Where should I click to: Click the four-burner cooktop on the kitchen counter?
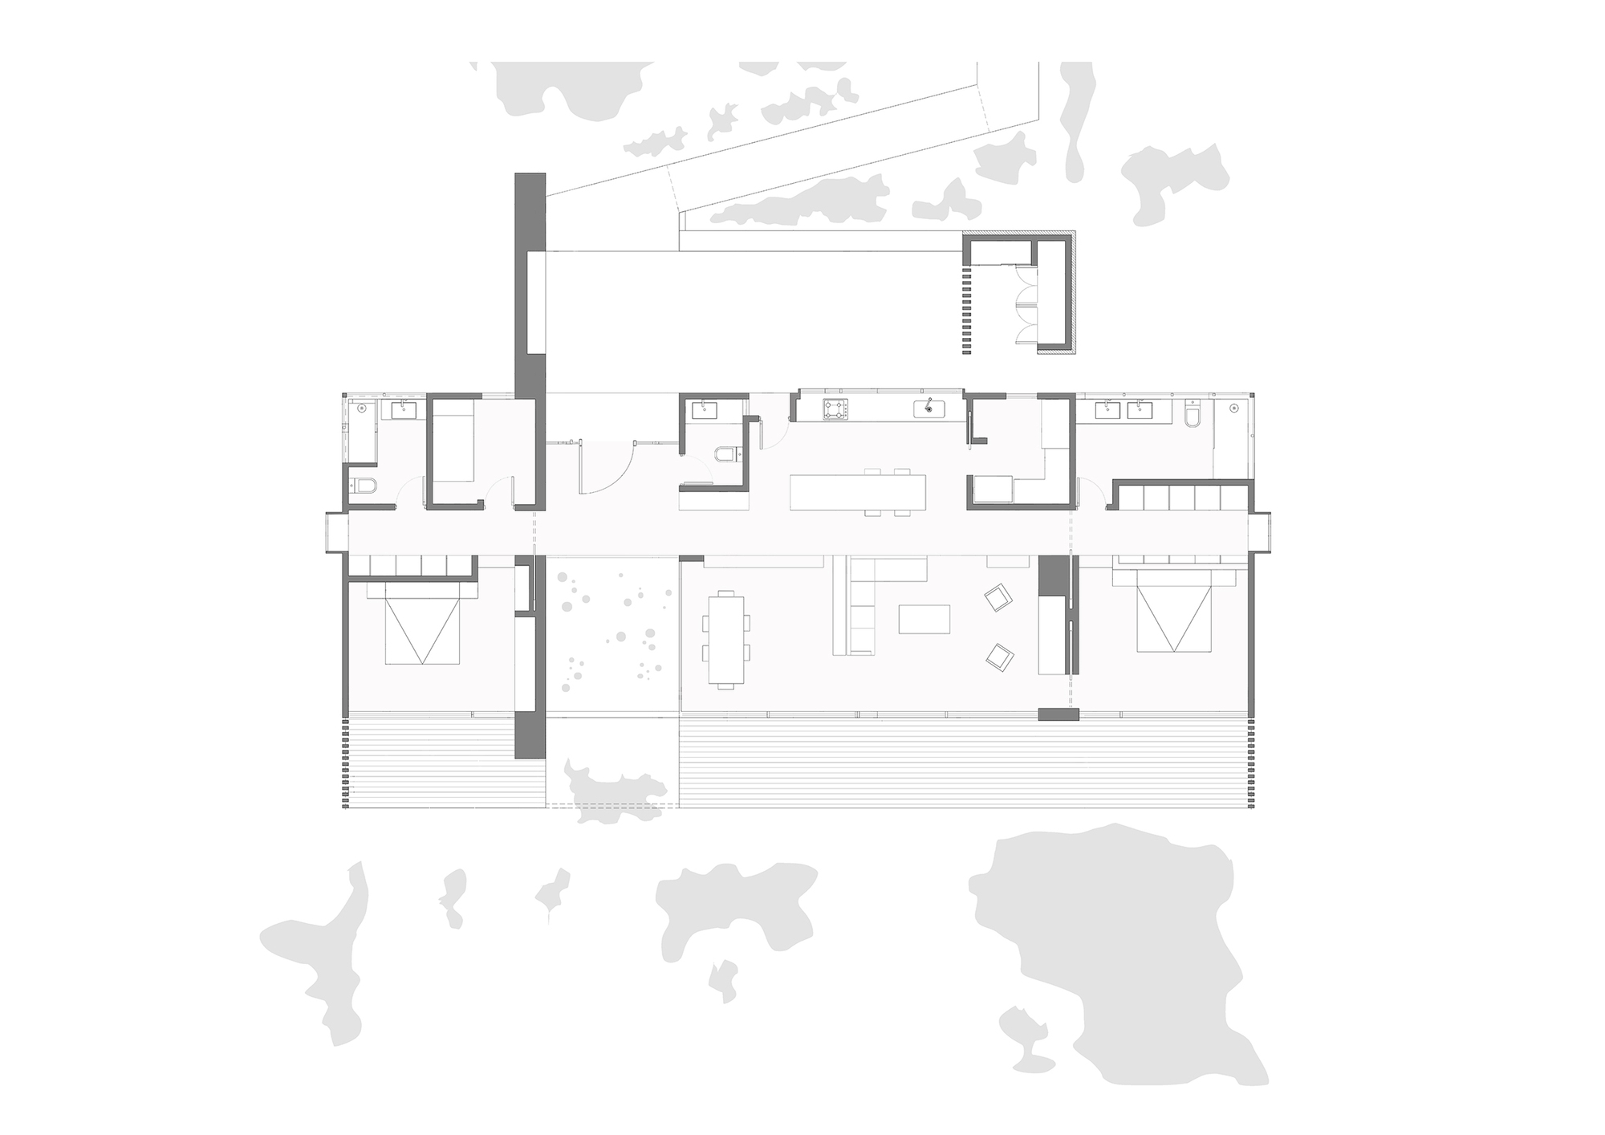point(835,409)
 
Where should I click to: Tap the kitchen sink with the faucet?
point(929,409)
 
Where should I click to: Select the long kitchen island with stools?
point(857,493)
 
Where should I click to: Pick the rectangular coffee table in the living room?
point(924,619)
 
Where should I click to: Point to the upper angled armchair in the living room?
point(998,598)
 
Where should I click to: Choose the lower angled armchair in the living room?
point(1000,657)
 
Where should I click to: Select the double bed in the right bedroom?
point(1173,618)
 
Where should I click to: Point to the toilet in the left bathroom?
point(364,486)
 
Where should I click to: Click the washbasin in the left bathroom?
point(403,410)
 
